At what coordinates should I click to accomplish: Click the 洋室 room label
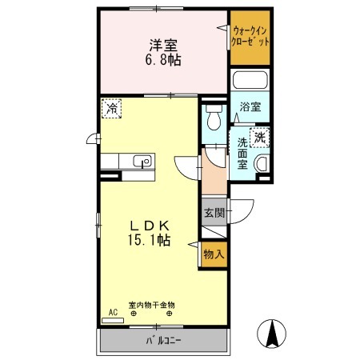point(163,46)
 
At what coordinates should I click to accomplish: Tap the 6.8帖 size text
point(163,60)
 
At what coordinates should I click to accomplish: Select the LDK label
point(150,226)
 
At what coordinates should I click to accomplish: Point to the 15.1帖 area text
point(150,240)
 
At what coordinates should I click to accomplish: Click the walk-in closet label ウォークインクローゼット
point(250,37)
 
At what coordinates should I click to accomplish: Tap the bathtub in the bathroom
point(250,80)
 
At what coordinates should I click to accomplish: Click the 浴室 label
point(250,106)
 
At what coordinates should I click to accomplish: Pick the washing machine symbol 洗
point(259,138)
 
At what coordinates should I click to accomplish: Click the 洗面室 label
point(242,154)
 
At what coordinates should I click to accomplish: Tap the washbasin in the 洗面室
point(262,164)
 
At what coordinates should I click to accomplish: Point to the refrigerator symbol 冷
point(111,108)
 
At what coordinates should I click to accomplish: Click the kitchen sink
point(142,162)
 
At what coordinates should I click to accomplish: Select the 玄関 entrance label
point(214,213)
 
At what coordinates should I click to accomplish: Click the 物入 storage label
point(214,254)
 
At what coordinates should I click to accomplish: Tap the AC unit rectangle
point(113,321)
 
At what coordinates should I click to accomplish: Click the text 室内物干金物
point(151,305)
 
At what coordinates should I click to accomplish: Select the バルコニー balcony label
point(163,341)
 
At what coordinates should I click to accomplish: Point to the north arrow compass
point(272,334)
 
